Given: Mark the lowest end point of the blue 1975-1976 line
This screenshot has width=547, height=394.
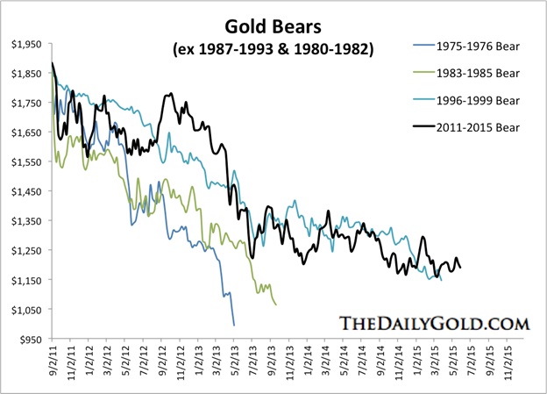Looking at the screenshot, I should click(x=234, y=326).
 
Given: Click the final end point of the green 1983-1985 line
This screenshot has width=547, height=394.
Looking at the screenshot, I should click(x=277, y=304).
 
